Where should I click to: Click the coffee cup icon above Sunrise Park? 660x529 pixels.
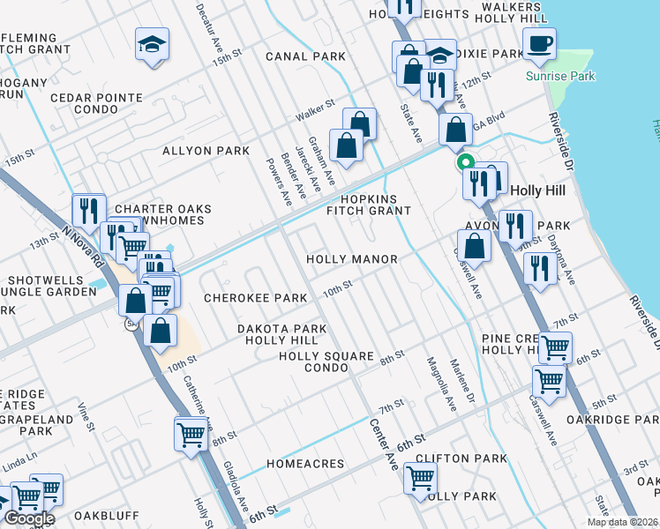(539, 41)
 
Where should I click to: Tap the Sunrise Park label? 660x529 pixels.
(560, 77)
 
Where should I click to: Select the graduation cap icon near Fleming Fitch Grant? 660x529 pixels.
(152, 43)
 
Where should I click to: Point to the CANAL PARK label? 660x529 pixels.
(305, 56)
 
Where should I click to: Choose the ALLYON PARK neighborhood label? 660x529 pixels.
(206, 151)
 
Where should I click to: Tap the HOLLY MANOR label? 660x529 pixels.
(352, 259)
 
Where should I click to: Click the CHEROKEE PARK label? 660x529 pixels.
(256, 298)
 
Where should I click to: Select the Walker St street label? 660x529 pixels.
(315, 110)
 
